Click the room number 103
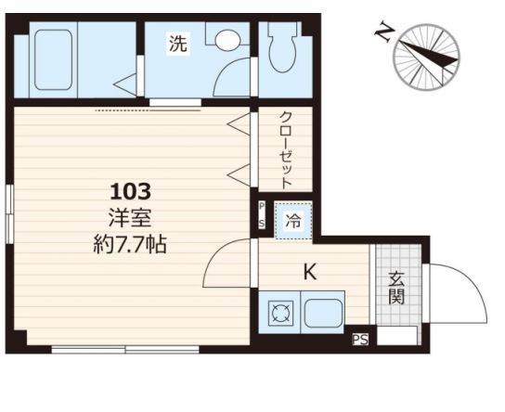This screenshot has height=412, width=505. (x=131, y=191)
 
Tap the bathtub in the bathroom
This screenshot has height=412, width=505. (x=53, y=60)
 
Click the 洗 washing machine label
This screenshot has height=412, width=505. (x=178, y=44)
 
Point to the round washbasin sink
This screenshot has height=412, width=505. (x=227, y=40)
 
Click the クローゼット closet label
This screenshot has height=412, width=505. (x=285, y=149)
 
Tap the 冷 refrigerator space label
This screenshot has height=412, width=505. (x=293, y=222)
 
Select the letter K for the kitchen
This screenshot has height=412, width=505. (x=310, y=272)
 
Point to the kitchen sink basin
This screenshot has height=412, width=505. (x=323, y=312)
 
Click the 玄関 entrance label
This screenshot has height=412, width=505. (x=396, y=288)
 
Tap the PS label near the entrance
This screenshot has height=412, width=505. (x=360, y=340)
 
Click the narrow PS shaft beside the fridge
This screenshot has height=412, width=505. (x=262, y=215)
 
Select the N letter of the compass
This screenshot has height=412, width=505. (x=384, y=32)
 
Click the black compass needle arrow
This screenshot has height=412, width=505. (x=429, y=54)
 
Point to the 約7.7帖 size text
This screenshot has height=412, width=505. (x=130, y=244)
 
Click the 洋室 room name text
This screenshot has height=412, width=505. (x=130, y=218)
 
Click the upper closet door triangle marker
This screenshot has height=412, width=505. (x=239, y=123)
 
